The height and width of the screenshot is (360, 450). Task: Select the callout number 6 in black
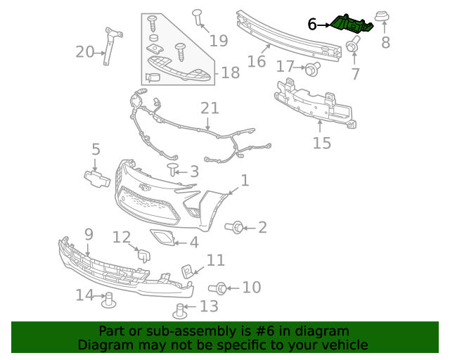(x=312, y=25)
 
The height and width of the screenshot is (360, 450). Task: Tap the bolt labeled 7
(x=351, y=46)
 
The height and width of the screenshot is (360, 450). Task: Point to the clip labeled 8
(x=384, y=18)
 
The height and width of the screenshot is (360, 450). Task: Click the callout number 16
(x=257, y=61)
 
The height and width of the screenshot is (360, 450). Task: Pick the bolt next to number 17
(x=311, y=68)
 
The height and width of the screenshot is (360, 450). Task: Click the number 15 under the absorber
(x=321, y=143)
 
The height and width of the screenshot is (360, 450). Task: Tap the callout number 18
(x=230, y=72)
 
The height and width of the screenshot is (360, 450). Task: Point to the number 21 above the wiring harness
(x=210, y=108)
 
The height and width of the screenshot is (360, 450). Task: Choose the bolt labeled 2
(x=237, y=227)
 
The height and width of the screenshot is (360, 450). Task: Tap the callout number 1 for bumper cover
(x=244, y=181)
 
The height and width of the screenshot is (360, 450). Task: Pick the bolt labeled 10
(x=219, y=288)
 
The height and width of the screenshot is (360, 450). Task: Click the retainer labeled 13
(x=180, y=309)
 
